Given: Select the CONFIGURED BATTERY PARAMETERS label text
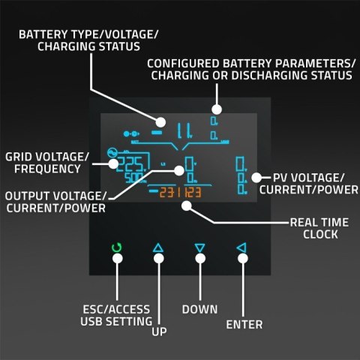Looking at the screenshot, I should click(250, 69).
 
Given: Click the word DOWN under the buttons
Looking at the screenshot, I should click(199, 309).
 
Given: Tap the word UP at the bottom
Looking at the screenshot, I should click(158, 331).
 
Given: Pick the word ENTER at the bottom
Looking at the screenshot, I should click(244, 325).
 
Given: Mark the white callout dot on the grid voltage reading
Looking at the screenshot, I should click(114, 161).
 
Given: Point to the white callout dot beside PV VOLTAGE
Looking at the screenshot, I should click(256, 178).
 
